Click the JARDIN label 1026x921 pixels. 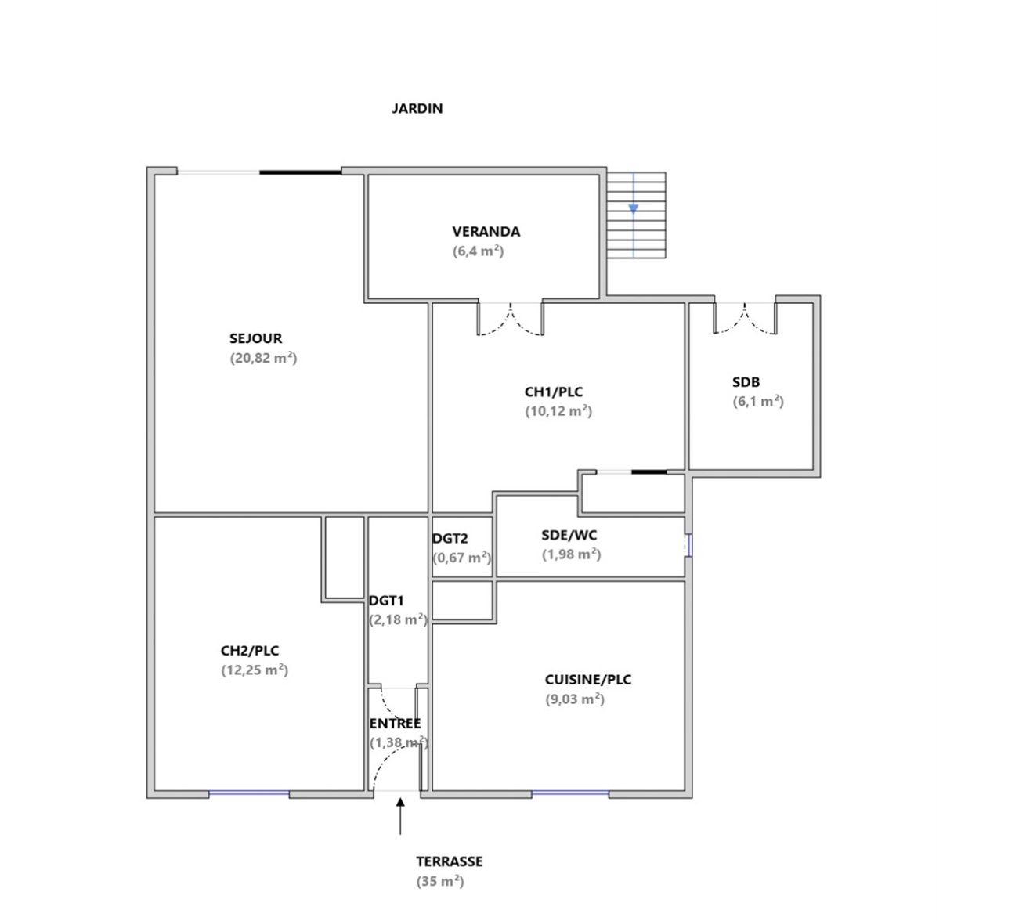[417, 108]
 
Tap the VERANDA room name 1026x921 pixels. [486, 231]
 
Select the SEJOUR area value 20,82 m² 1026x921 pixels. [263, 358]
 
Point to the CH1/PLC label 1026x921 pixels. [554, 392]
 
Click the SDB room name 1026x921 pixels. [746, 382]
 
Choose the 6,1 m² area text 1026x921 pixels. [757, 402]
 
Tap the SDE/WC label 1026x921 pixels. [569, 535]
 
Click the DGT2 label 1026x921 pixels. [450, 539]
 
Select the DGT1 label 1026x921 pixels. [386, 601]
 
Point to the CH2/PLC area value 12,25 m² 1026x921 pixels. [255, 670]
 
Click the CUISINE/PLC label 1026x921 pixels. [588, 680]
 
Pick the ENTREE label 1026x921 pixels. [395, 724]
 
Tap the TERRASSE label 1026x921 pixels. [450, 861]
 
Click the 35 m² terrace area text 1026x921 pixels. [440, 882]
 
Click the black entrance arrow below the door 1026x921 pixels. [400, 816]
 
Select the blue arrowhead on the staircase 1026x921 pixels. [633, 208]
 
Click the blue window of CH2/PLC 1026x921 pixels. [249, 793]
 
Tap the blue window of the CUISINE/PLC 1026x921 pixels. [570, 793]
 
